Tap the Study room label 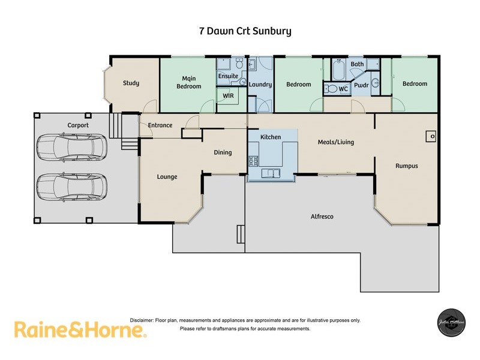pos(131,83)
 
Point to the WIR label pos(228,96)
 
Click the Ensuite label pos(228,76)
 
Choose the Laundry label pos(260,85)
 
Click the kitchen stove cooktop pos(253,161)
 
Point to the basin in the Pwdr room pos(375,83)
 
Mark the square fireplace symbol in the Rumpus pos(431,136)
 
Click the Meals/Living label pos(335,142)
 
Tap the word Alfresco pos(322,217)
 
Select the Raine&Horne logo pos(80,329)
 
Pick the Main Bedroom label pos(188,82)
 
